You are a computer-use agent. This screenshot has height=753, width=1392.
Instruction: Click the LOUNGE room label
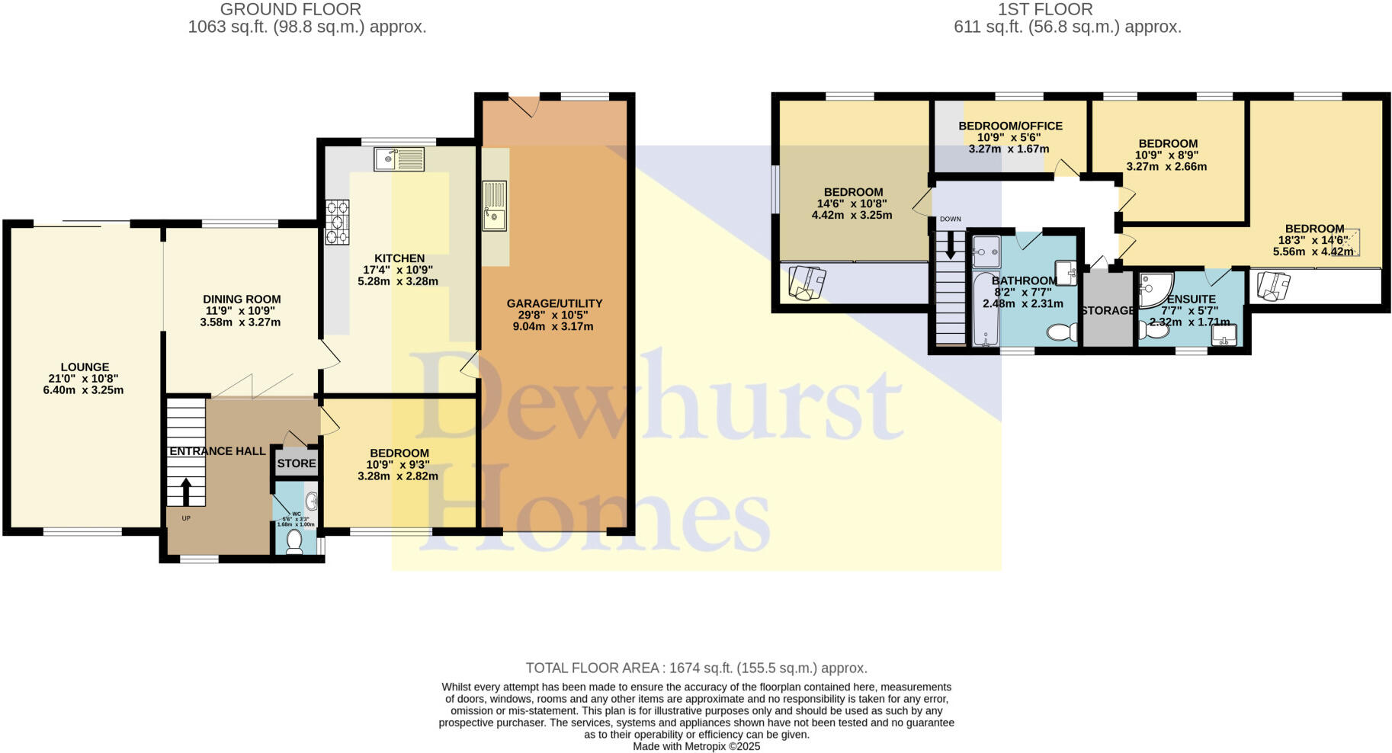(85, 367)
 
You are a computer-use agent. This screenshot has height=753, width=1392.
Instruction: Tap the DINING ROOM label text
(242, 300)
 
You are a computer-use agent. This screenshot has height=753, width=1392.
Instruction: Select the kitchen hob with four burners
(337, 222)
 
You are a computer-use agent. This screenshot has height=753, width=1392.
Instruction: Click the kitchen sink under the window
(399, 159)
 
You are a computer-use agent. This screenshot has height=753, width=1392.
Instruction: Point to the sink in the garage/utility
(494, 205)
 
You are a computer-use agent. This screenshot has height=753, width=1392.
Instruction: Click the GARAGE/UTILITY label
(554, 303)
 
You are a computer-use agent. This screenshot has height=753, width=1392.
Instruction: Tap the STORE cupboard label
(297, 463)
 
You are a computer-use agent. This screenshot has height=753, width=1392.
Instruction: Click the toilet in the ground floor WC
(293, 541)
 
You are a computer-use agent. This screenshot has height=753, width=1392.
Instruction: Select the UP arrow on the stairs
(185, 492)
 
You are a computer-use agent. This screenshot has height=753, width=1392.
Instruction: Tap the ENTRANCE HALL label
(217, 451)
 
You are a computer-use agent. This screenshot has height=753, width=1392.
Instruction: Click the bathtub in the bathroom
(985, 309)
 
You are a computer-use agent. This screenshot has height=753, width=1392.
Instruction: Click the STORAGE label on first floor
(1108, 310)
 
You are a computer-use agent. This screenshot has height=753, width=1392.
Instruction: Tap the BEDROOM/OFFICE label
(1010, 126)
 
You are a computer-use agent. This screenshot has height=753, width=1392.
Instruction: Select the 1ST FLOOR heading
(1045, 9)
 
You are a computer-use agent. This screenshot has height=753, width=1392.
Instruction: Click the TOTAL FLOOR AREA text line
(696, 668)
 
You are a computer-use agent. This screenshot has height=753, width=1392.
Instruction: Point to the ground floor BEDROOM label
(397, 453)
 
